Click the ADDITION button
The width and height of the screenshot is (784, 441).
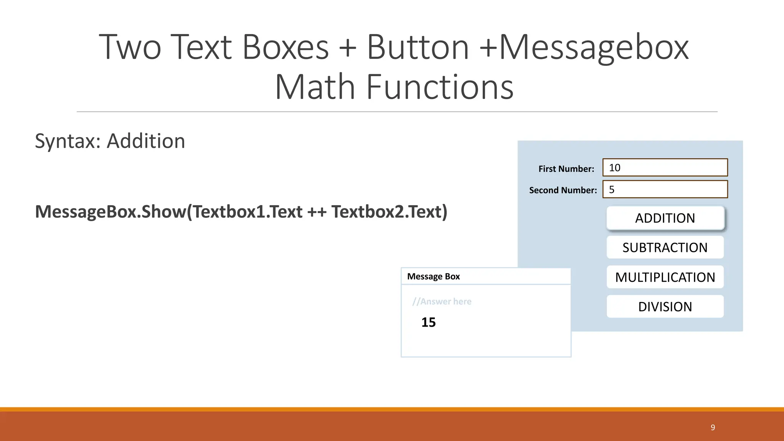[x=665, y=218]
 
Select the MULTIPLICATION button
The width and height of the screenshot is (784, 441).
[x=665, y=277]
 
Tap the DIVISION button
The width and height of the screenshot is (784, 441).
[x=665, y=307]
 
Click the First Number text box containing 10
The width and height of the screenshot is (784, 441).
[x=665, y=168]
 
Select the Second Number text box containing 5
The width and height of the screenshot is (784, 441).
[x=665, y=189]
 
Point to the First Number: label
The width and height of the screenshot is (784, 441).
[x=566, y=169]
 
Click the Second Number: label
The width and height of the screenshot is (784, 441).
[x=563, y=190]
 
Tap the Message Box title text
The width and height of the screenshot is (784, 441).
[x=433, y=276]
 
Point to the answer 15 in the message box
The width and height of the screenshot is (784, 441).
[x=428, y=322]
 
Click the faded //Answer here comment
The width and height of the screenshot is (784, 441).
[x=442, y=302]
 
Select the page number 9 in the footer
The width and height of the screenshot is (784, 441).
[x=713, y=428]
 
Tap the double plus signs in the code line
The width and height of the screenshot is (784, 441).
[x=317, y=212]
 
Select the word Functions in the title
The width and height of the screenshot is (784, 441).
[x=440, y=87]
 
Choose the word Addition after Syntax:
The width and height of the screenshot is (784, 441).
[x=146, y=141]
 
